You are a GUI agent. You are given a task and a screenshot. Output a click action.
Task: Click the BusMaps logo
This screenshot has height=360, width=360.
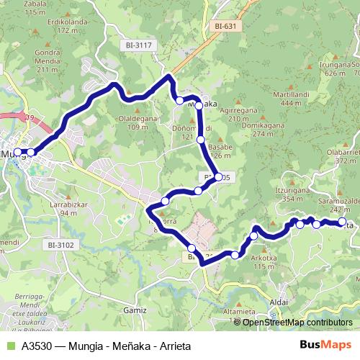pyautogui.click(x=325, y=345)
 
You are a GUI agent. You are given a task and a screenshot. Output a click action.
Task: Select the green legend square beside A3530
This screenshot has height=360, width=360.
pyautogui.click(x=9, y=346)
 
